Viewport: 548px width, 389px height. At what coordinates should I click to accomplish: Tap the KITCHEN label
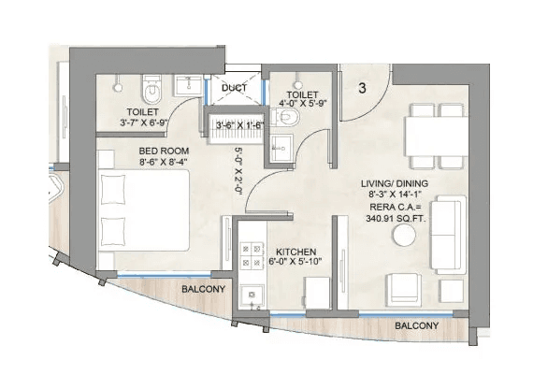[296, 252]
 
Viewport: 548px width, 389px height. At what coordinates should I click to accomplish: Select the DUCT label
[234, 89]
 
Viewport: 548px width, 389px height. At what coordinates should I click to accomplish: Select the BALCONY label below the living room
[416, 325]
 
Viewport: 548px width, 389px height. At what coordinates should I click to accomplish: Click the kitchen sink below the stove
[251, 296]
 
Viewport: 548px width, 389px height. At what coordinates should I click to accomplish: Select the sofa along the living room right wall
[447, 234]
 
